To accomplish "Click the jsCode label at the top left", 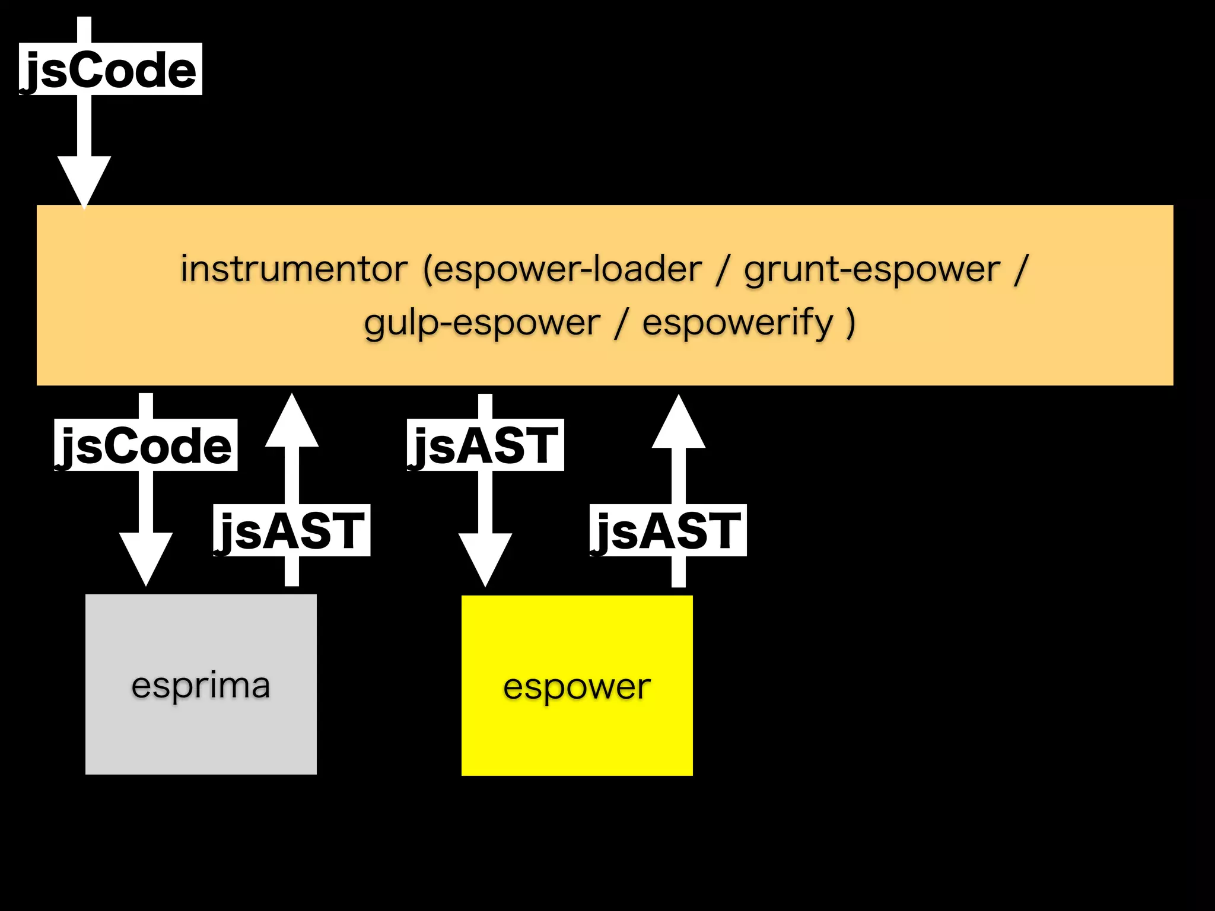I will coord(110,69).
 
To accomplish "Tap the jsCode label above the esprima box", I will coord(145,445).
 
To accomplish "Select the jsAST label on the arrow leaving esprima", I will coord(291,531).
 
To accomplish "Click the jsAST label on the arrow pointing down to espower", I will coord(485,445).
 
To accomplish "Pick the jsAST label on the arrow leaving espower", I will coord(667,531).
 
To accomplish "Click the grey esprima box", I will coord(201,684).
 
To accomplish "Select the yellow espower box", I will coord(577,686).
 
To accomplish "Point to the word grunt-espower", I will coord(872,270).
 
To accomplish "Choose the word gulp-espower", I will coord(482,324).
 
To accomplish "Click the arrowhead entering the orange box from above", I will coord(84,180).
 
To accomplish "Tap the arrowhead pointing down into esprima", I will coord(146,558).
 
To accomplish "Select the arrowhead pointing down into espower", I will coord(485,558).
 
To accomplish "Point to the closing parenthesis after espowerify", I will coord(851,324).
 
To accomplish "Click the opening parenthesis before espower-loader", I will coord(427,270).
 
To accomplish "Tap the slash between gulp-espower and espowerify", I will coord(621,324).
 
